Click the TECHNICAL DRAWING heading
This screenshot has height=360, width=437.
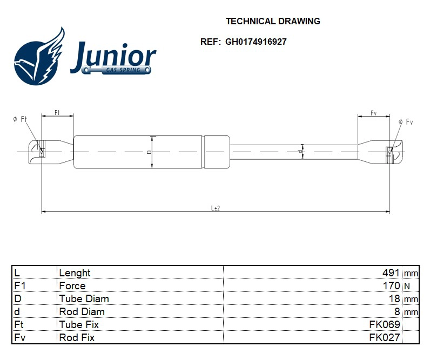[273, 22]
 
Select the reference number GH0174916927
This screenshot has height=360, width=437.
[256, 42]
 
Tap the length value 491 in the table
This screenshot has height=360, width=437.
[391, 273]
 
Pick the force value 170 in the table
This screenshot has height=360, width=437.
[391, 286]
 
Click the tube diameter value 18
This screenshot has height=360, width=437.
[394, 299]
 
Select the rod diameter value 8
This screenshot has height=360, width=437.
[397, 312]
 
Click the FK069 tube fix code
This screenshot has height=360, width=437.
[385, 325]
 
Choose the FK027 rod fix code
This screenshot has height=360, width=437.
[385, 338]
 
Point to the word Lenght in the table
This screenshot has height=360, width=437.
[75, 273]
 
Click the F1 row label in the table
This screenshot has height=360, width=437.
[20, 286]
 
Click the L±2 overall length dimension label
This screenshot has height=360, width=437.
[215, 208]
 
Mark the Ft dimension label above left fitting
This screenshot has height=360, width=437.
[57, 113]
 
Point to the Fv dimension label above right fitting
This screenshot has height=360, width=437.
[373, 113]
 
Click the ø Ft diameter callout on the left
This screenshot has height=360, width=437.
[20, 119]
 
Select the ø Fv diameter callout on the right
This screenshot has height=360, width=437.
[406, 122]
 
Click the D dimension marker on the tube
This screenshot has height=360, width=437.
[149, 152]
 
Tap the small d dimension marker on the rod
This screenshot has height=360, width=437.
[300, 152]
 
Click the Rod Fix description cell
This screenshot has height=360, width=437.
[77, 338]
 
